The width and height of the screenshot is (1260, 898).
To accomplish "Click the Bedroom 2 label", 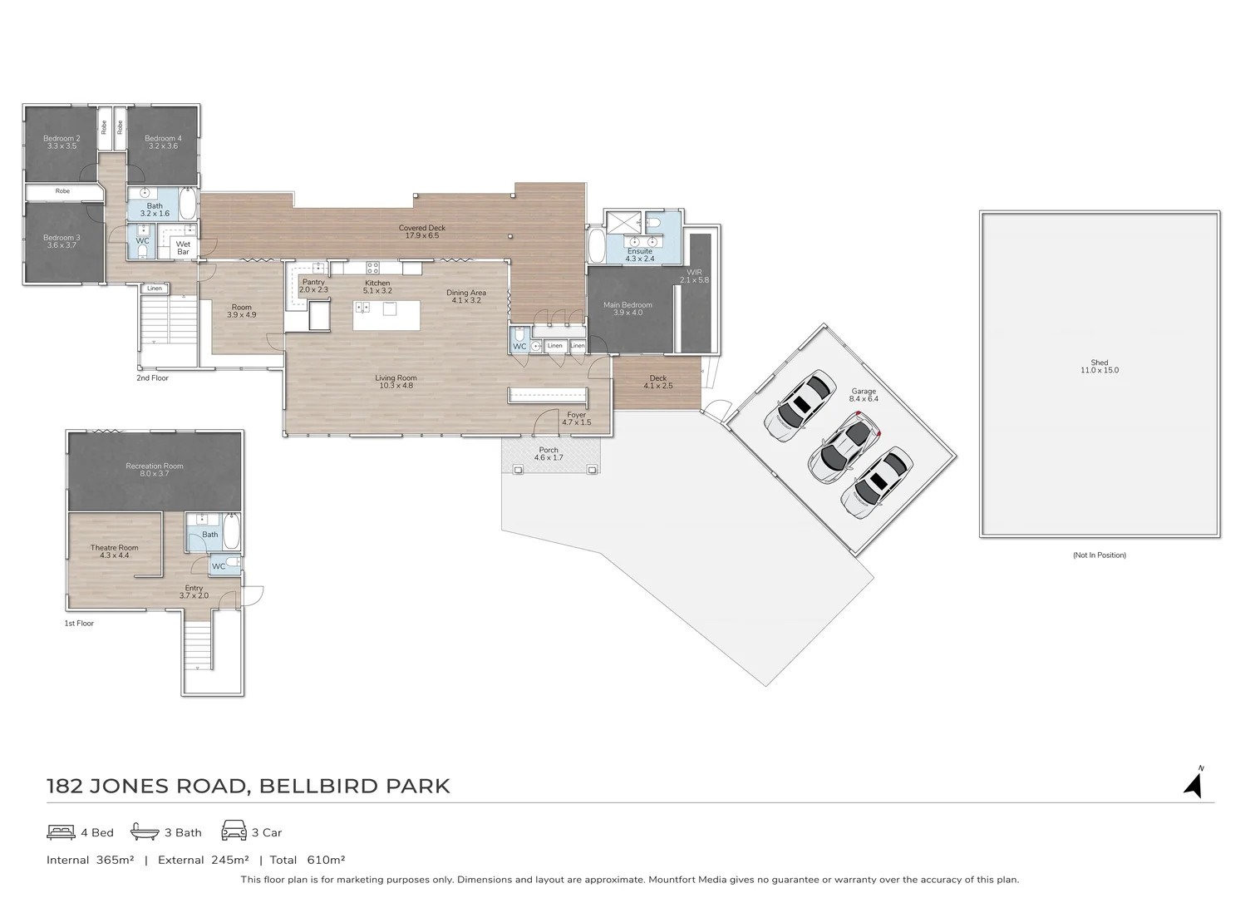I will [x=62, y=138].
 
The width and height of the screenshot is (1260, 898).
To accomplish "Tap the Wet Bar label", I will [x=183, y=248].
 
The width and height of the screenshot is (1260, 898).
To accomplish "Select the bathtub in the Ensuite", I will [x=596, y=245].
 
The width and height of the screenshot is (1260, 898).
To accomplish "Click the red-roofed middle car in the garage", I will [x=844, y=448].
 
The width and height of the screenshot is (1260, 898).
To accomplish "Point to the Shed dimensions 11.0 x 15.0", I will [x=1099, y=370].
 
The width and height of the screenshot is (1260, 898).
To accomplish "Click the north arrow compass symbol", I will [x=1194, y=784].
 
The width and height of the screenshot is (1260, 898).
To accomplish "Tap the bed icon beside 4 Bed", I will [x=61, y=831].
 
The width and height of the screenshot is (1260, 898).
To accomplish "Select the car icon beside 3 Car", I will [x=234, y=831].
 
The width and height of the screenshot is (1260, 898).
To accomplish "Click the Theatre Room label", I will [x=114, y=547].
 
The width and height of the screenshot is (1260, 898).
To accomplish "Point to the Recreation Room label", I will [x=154, y=466].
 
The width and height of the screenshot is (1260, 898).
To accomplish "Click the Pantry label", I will [x=313, y=282].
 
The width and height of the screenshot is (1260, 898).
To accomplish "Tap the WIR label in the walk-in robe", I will [x=694, y=272].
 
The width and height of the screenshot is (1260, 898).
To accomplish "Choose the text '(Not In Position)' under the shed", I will [x=1099, y=555].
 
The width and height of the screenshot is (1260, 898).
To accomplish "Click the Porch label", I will [x=549, y=450].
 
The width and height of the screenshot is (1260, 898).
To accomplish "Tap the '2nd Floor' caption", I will [x=152, y=377].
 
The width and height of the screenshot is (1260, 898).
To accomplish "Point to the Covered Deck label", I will [x=422, y=227].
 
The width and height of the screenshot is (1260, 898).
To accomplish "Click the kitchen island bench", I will [x=386, y=314].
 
